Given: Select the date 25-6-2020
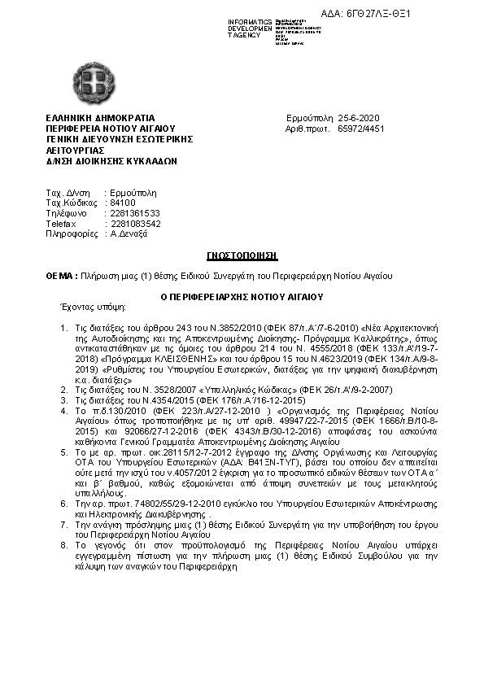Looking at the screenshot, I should pyautogui.click(x=358, y=119).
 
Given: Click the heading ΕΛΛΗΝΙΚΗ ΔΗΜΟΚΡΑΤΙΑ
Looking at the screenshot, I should pyautogui.click(x=100, y=119).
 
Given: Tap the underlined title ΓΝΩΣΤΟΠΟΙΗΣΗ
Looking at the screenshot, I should pyautogui.click(x=242, y=255).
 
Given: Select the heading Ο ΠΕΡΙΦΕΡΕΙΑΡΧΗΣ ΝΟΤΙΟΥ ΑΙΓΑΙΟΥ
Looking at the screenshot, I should pyautogui.click(x=242, y=297).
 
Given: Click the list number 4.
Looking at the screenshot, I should pyautogui.click(x=65, y=411).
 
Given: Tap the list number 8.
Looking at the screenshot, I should pyautogui.click(x=65, y=544).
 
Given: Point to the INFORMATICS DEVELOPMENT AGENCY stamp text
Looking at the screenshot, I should pyautogui.click(x=250, y=28).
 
